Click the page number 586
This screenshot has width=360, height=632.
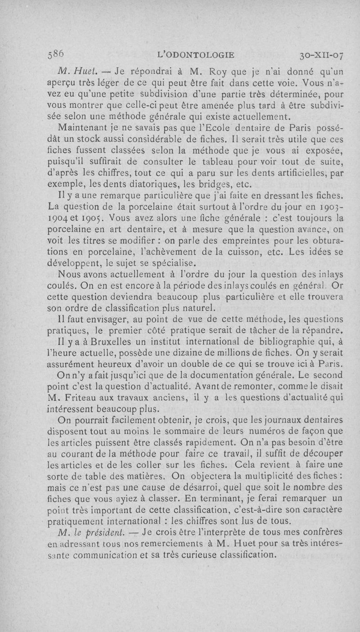pyautogui.click(x=57, y=54)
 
